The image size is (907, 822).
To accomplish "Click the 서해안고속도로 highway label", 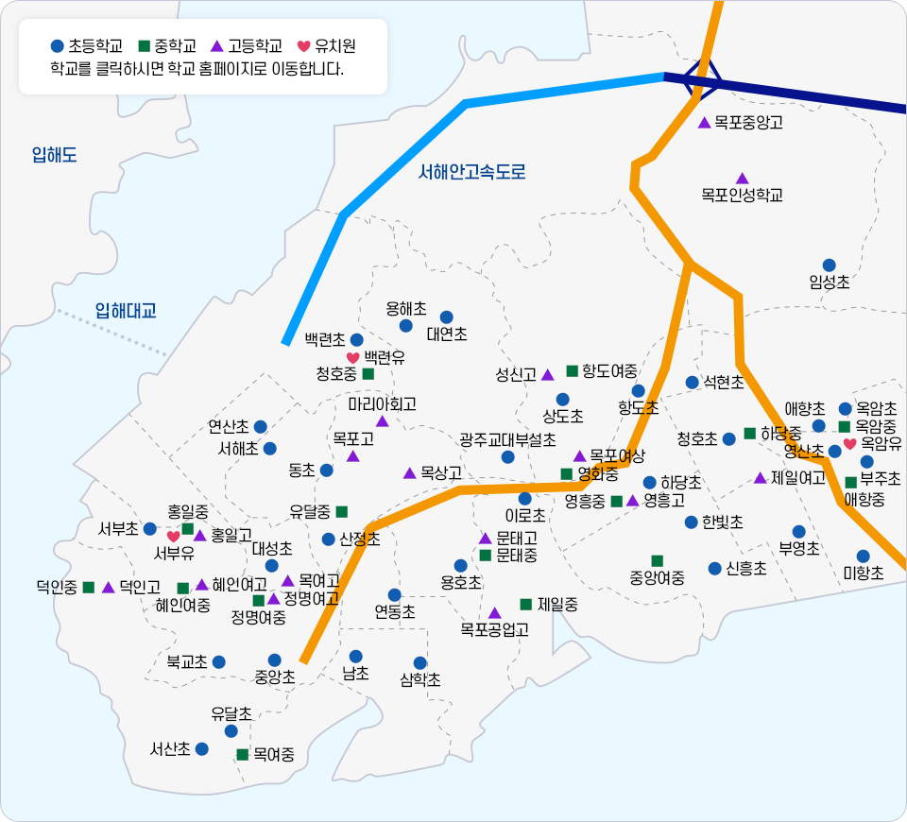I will click(x=471, y=172).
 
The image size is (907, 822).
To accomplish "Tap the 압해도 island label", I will click(x=54, y=155).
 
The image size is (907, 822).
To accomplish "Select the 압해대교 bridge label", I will click(x=125, y=310).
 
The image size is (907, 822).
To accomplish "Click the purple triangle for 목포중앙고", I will click(x=704, y=123).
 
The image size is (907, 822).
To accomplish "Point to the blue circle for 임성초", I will click(x=829, y=265).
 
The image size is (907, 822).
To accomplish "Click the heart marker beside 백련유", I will click(x=352, y=358).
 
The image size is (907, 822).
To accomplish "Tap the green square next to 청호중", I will click(x=368, y=374).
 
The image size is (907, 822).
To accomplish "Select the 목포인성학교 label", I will click(x=742, y=196).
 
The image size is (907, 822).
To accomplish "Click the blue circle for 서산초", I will click(x=201, y=748).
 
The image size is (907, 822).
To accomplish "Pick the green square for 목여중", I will click(x=242, y=754).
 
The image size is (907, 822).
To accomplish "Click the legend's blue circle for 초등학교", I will click(x=57, y=45).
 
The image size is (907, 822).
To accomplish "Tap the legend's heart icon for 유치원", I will click(x=303, y=45).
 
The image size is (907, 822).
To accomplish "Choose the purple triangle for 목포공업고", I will click(x=494, y=613).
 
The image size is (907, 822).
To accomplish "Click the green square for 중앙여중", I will click(x=657, y=560).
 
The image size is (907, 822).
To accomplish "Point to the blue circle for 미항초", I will click(x=863, y=557).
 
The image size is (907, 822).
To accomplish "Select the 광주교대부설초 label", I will click(x=507, y=439).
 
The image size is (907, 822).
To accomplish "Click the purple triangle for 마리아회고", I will click(x=383, y=420).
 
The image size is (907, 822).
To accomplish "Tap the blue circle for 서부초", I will click(x=149, y=528).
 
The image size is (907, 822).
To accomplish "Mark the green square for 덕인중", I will click(x=89, y=587).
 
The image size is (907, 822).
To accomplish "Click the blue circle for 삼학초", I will click(x=420, y=663).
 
